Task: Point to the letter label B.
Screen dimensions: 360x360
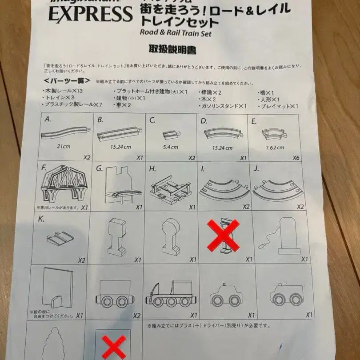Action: coord(100,120)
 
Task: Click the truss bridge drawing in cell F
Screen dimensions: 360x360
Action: coord(64,184)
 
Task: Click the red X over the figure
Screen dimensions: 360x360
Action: coord(224,236)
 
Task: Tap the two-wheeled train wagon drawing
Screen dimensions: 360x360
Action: coord(114,294)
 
